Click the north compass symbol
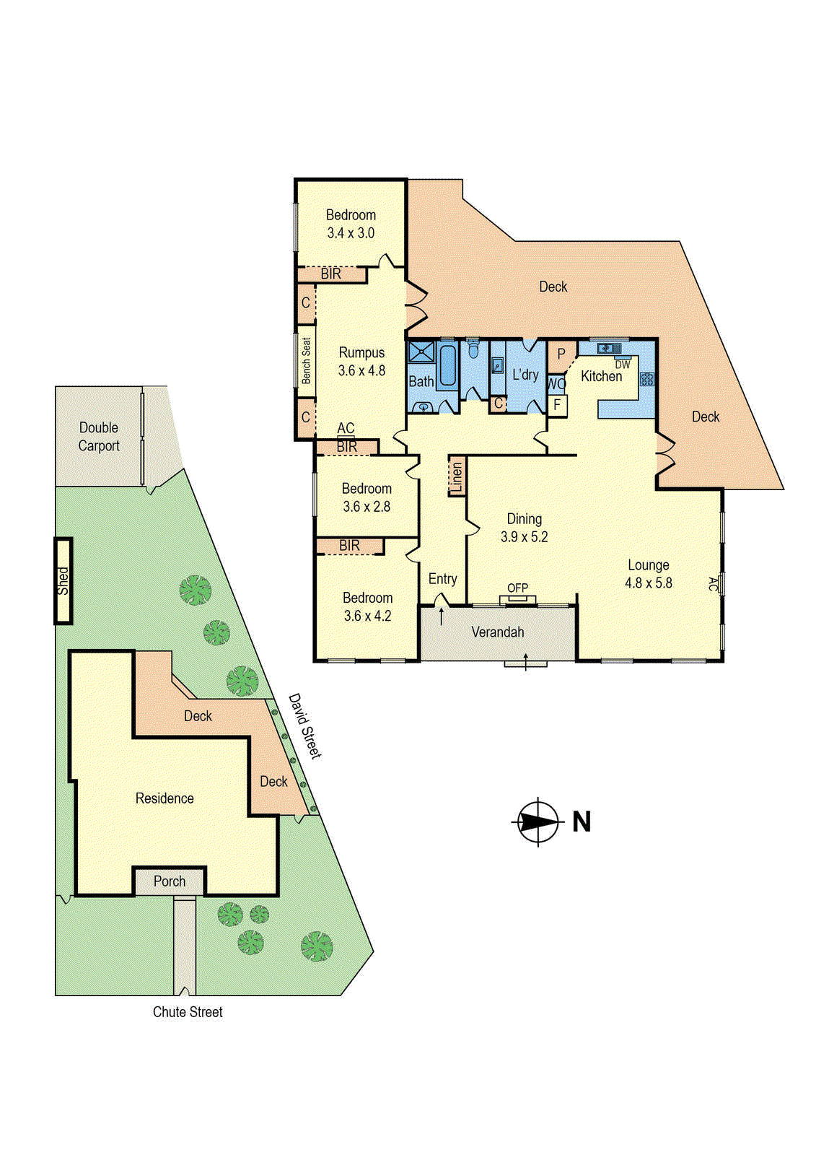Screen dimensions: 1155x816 [538, 822]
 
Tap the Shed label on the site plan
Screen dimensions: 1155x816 [63, 580]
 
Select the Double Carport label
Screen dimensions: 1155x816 [99, 437]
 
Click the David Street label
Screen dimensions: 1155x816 [304, 725]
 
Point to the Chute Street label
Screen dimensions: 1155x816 [188, 1012]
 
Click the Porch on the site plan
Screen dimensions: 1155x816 [170, 881]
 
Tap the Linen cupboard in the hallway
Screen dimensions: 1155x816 [456, 476]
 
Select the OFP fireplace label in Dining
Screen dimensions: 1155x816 [517, 588]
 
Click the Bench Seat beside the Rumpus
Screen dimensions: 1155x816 [307, 360]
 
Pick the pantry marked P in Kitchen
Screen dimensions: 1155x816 [561, 354]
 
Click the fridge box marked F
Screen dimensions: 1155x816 [557, 406]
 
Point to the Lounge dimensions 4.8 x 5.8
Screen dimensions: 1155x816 [648, 583]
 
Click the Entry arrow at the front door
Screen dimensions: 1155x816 [441, 616]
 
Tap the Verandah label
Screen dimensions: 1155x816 [498, 632]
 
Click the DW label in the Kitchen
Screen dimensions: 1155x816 [622, 365]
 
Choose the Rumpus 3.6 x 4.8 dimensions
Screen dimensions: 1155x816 [361, 370]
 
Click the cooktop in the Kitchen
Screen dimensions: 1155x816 [646, 378]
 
